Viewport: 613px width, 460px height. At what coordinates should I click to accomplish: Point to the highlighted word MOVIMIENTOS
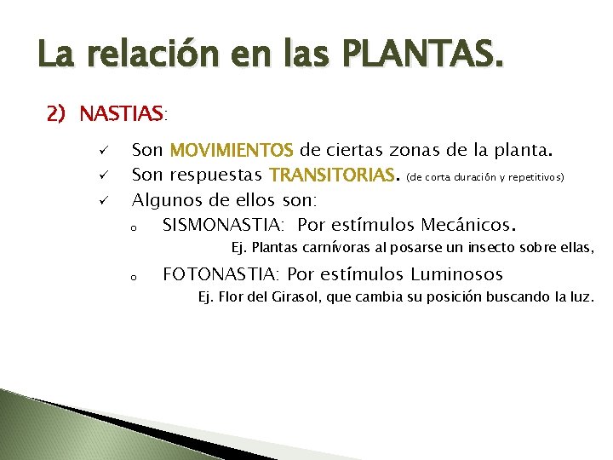(x=232, y=152)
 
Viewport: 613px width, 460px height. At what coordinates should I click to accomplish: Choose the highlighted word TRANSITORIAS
(x=332, y=176)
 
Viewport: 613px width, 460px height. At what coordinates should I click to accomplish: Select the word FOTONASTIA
(x=220, y=275)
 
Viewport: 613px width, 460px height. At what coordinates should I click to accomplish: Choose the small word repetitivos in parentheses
(x=536, y=179)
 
